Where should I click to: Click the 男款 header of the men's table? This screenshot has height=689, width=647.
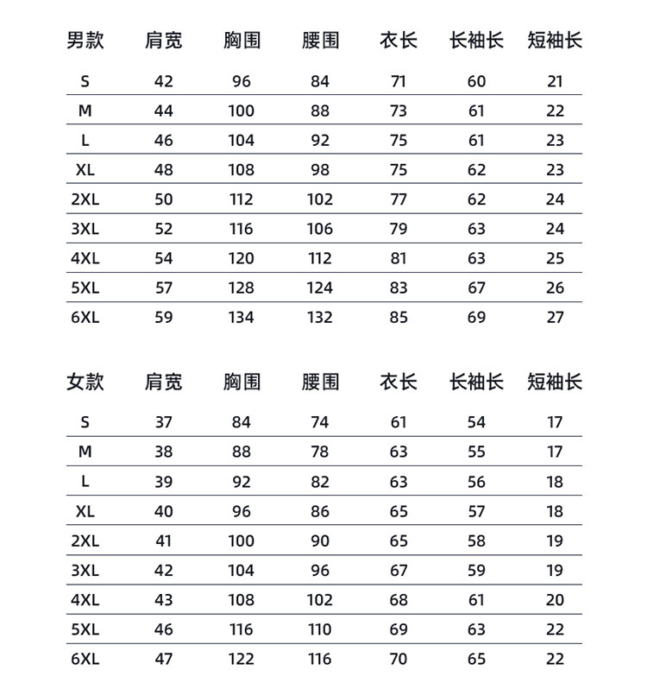click(x=85, y=41)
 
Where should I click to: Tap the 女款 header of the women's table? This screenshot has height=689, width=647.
click(x=85, y=382)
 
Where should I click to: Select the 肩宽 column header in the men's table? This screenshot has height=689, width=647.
click(x=164, y=41)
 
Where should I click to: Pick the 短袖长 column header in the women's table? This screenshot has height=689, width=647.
click(x=555, y=382)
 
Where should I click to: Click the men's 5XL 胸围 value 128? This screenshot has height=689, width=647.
click(x=242, y=288)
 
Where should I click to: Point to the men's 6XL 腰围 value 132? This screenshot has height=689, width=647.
click(x=320, y=317)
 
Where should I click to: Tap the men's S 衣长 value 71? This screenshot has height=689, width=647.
click(x=399, y=82)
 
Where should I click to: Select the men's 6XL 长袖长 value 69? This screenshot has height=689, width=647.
click(x=477, y=317)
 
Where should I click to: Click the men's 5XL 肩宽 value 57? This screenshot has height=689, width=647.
click(x=164, y=288)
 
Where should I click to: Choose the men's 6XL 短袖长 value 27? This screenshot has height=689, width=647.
click(x=556, y=317)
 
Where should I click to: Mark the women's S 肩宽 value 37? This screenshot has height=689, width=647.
click(x=164, y=422)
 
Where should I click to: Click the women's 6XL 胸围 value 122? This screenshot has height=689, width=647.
click(x=242, y=659)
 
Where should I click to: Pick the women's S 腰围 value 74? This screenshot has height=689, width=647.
click(x=320, y=422)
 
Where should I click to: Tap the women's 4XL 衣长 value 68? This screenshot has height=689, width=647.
click(x=399, y=600)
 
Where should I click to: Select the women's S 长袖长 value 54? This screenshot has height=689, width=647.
click(x=477, y=422)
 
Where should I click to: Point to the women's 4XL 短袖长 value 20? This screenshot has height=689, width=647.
click(x=556, y=600)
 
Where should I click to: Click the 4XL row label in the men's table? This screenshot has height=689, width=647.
click(x=85, y=258)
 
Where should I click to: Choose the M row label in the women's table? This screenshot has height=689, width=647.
click(x=85, y=452)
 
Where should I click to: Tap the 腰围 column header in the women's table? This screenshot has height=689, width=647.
click(x=320, y=382)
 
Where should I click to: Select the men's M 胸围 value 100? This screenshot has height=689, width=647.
click(x=242, y=111)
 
